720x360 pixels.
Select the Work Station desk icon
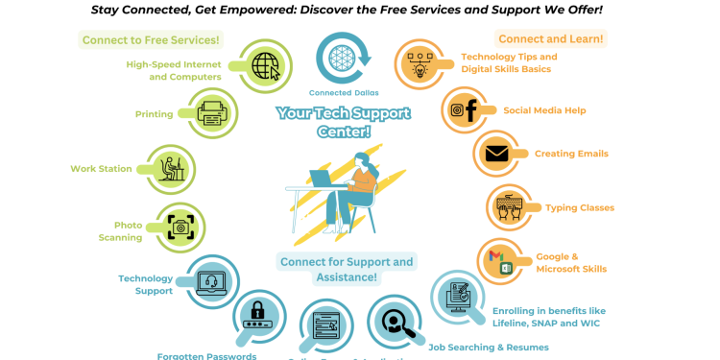click(172, 169)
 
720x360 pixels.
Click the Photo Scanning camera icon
click(180, 228)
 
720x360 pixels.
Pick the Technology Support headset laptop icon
click(211, 281)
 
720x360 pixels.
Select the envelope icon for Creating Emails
click(496, 154)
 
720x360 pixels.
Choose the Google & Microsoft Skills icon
click(501, 261)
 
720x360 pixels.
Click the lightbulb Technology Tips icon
click(420, 65)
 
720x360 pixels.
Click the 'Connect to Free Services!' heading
click(151, 40)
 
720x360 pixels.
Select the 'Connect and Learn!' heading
click(551, 39)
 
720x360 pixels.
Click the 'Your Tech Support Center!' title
click(343, 122)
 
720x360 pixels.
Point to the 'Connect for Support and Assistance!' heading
click(347, 269)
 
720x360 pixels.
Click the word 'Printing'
click(154, 114)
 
